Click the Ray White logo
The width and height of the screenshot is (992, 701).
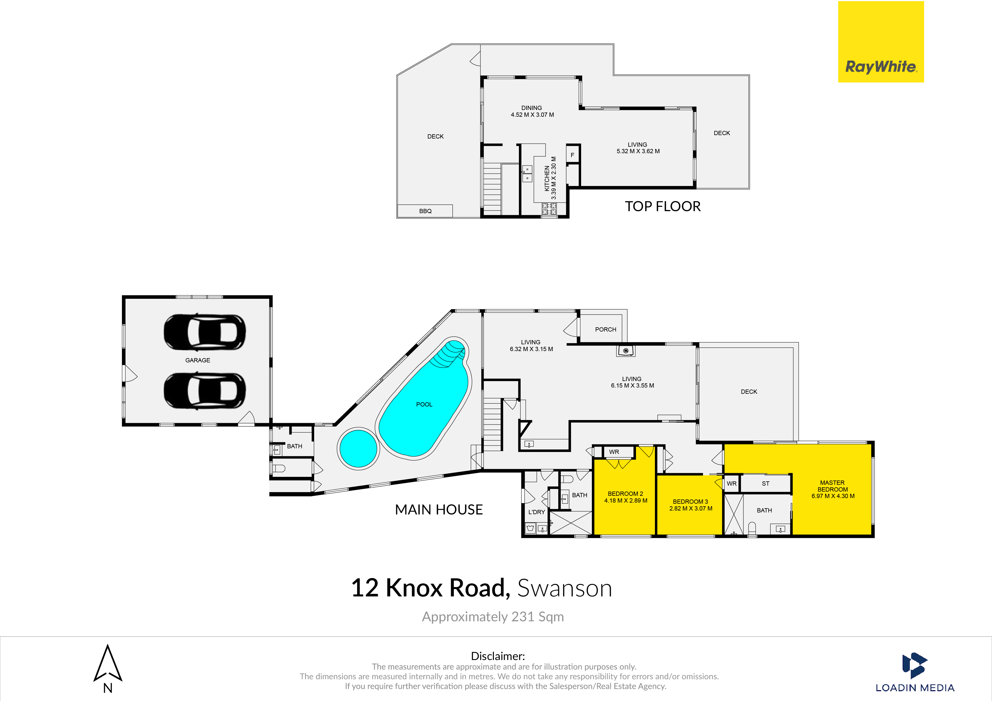point(881,42)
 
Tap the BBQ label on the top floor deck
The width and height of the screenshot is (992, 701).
point(425,211)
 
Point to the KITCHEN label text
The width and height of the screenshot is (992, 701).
point(547,178)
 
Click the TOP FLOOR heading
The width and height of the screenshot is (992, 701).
point(663,206)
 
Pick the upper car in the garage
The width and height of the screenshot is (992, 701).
point(204,332)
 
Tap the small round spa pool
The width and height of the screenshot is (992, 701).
point(358,448)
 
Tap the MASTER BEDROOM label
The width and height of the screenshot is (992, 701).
point(833,486)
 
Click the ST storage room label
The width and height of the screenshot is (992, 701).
point(765,484)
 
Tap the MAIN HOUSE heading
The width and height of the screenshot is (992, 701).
point(439,510)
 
